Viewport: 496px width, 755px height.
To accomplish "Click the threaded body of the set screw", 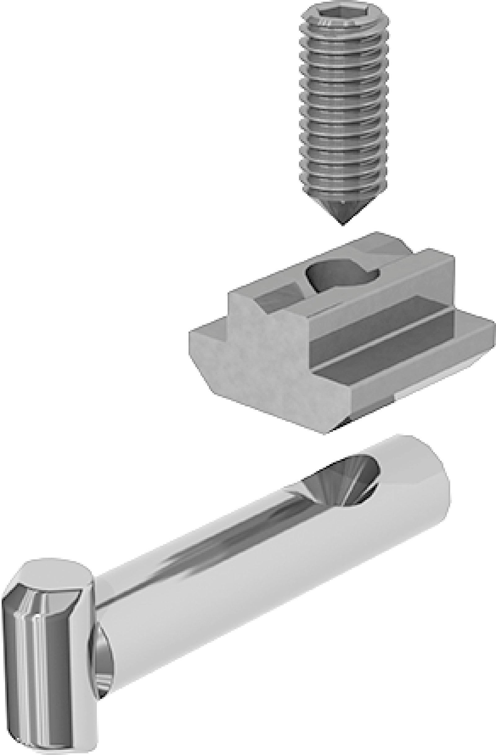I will (x=343, y=105).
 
